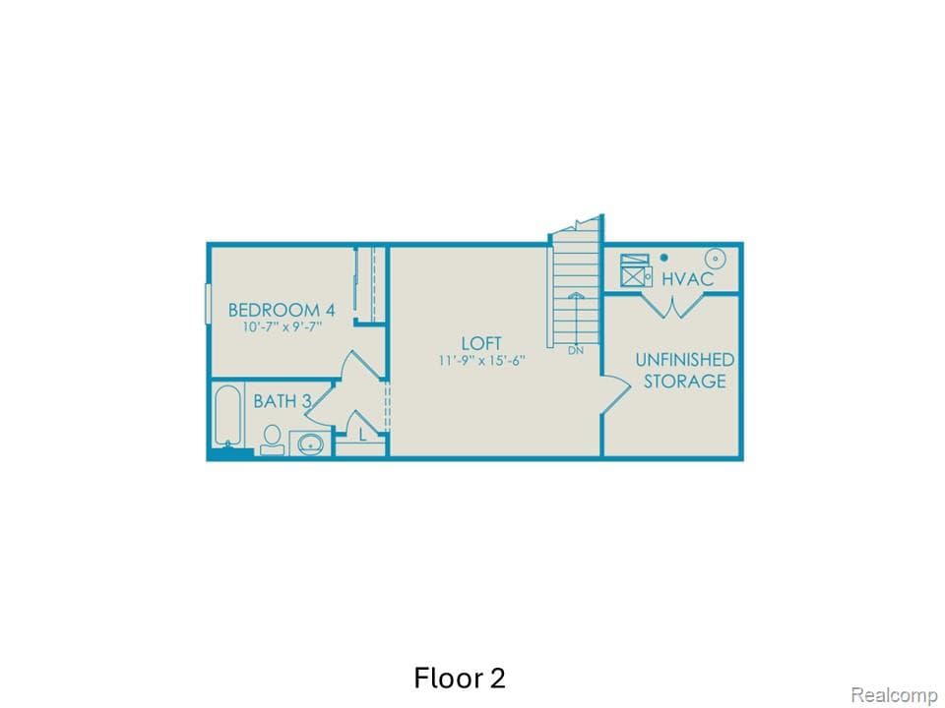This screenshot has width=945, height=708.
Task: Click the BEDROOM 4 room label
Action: pos(282,309)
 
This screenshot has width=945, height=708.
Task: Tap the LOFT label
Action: pos(482,343)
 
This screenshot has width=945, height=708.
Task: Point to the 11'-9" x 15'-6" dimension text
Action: pos(482,361)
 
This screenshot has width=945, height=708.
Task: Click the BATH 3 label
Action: pos(283,401)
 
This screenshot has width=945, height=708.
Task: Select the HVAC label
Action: pos(687,279)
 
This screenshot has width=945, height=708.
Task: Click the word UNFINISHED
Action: pos(684,359)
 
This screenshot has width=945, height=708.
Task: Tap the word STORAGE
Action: pos(685,381)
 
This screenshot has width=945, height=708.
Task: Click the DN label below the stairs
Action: pos(575,350)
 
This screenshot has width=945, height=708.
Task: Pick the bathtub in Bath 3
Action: pos(226,417)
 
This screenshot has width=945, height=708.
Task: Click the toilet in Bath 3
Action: pos(272,439)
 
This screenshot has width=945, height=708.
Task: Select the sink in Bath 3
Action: pos(311,444)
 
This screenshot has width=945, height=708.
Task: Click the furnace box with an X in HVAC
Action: pos(633,268)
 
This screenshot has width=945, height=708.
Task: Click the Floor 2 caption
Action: pos(460,678)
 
